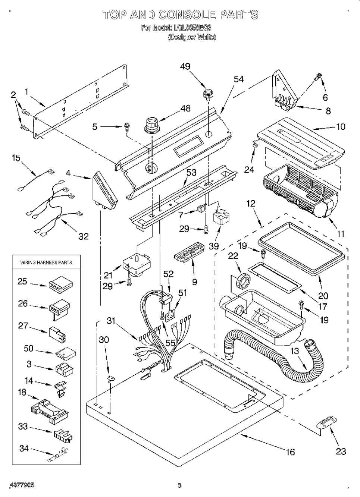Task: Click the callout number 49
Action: click(185, 66)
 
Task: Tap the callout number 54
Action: click(238, 79)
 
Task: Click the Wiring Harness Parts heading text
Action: click(46, 262)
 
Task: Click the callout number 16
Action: click(290, 452)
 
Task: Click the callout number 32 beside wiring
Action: click(83, 236)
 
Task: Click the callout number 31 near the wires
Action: click(111, 321)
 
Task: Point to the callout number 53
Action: click(191, 173)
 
